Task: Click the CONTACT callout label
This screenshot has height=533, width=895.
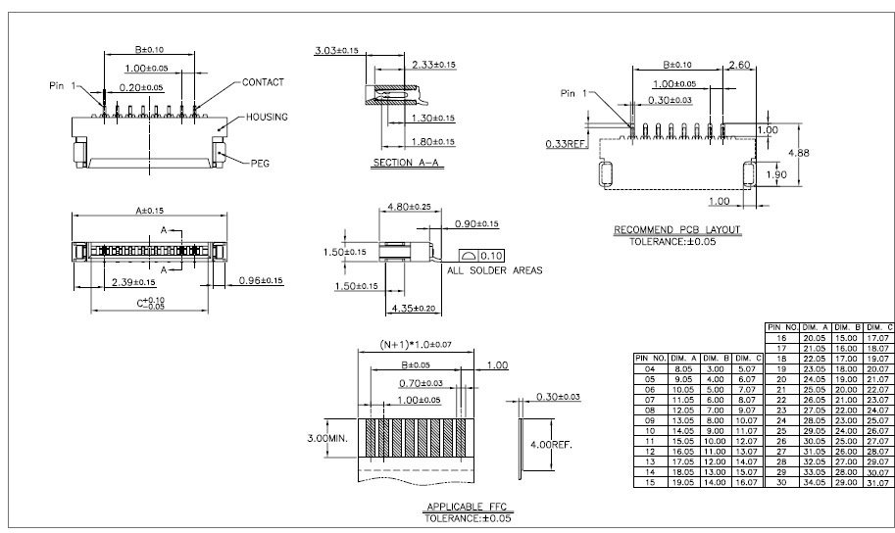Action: click(262, 82)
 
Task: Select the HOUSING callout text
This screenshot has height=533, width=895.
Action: click(267, 117)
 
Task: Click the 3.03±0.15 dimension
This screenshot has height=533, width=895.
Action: click(336, 49)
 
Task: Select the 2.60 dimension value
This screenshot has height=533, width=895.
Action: click(740, 66)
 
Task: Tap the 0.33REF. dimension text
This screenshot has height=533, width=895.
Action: click(566, 143)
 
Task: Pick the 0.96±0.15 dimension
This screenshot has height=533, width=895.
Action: click(260, 281)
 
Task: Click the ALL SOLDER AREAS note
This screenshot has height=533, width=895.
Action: click(495, 270)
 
